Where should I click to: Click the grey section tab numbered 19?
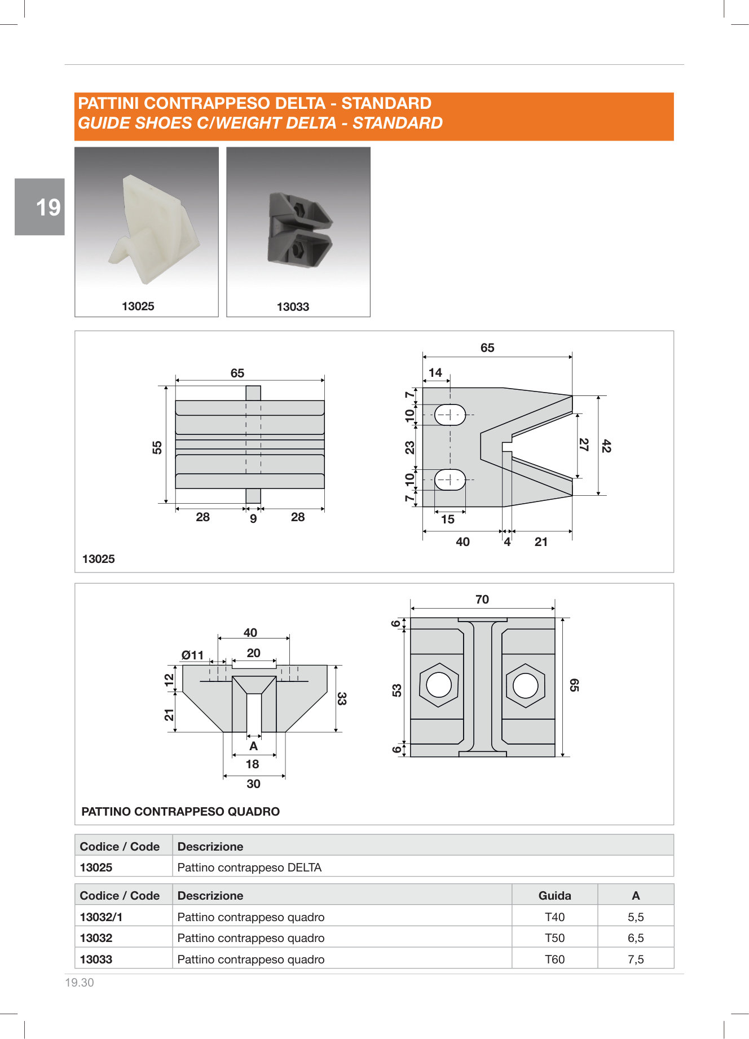point(39,207)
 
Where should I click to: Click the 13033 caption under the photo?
point(293,307)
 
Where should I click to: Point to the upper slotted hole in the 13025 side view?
point(450,415)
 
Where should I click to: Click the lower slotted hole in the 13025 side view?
point(450,479)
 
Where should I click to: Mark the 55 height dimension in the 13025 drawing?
point(157,447)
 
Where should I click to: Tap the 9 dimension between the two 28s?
point(253,518)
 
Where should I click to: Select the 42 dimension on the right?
point(606,446)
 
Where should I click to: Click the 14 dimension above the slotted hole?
point(435,373)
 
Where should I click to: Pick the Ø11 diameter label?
point(192,655)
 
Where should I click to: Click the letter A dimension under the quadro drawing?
point(254,746)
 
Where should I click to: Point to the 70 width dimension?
point(482,600)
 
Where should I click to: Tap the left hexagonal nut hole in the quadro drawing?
point(439,685)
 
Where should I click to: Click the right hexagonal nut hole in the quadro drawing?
point(526,685)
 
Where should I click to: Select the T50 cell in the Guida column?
point(554,938)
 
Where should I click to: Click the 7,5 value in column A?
point(636,959)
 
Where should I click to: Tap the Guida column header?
point(554,896)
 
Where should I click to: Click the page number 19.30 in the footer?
point(80,983)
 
